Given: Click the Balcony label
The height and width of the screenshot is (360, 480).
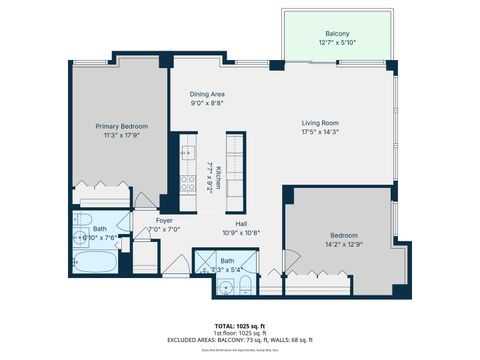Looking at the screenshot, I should (x=337, y=33).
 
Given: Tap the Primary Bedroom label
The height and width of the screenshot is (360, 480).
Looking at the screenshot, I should (x=122, y=126).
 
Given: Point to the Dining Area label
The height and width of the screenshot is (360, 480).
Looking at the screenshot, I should (x=208, y=95).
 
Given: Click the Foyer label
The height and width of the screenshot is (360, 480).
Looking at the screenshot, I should (x=163, y=221).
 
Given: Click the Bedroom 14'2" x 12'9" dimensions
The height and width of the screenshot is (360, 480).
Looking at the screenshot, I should (x=343, y=244).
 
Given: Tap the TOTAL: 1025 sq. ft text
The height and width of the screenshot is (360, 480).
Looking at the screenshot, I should (x=239, y=325).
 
